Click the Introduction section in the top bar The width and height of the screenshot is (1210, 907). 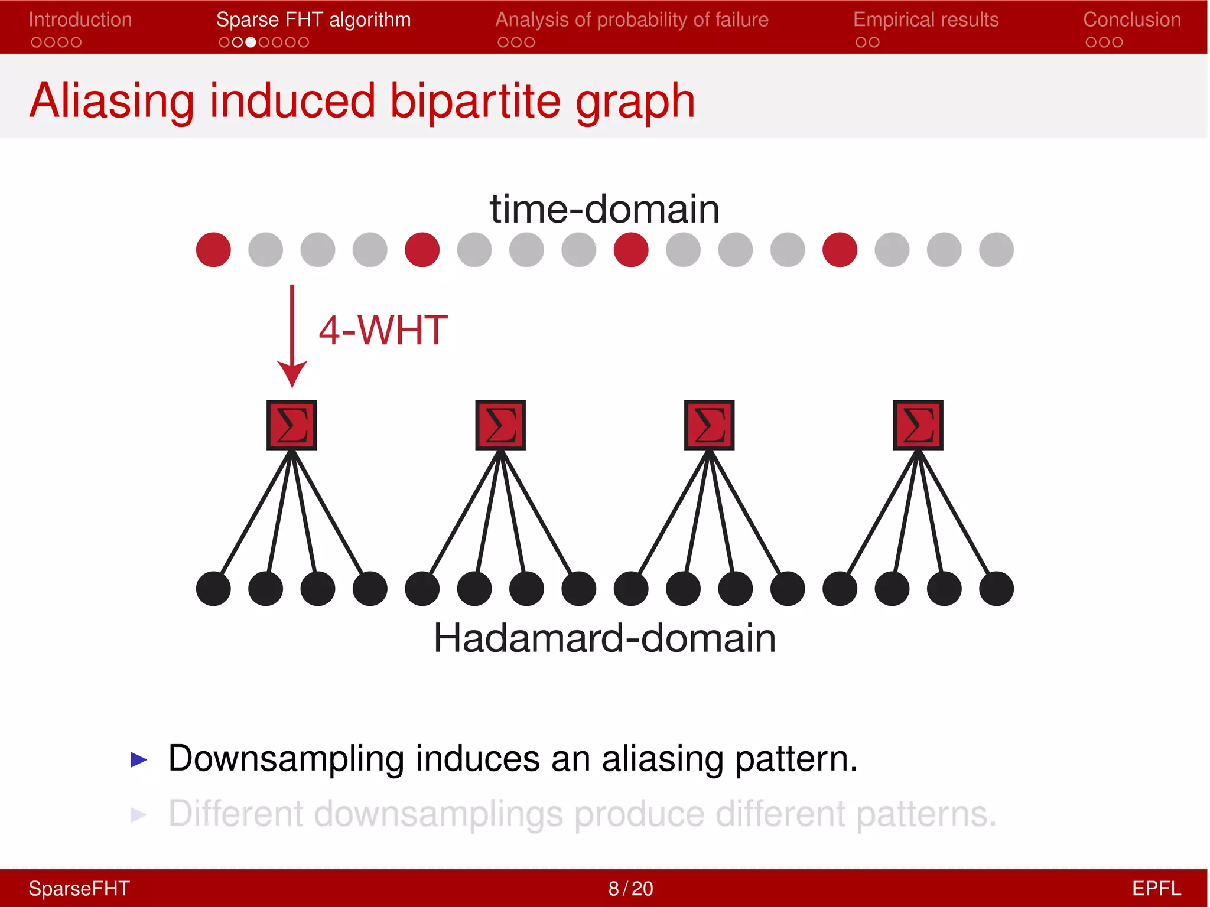click(x=80, y=19)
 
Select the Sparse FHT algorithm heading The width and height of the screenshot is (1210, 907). click(x=313, y=19)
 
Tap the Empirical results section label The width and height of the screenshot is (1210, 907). click(x=925, y=19)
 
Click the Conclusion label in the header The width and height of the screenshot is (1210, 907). click(x=1131, y=19)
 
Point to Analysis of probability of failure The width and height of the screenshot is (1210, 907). click(x=632, y=19)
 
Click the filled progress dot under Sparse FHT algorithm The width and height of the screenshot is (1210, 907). click(x=251, y=43)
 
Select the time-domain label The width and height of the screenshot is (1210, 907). click(x=604, y=209)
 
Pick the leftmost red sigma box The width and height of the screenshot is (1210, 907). click(x=292, y=425)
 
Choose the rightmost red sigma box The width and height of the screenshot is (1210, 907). click(x=918, y=425)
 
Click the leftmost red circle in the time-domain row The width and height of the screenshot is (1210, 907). click(x=213, y=250)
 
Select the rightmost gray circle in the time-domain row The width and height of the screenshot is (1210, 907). click(x=996, y=250)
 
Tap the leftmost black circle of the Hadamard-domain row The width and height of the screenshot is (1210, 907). click(x=213, y=589)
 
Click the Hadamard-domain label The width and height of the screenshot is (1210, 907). click(x=604, y=638)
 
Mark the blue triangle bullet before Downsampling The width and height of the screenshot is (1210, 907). click(x=138, y=759)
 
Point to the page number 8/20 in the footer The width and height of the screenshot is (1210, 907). click(x=630, y=888)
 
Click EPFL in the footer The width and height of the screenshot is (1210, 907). click(x=1156, y=888)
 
